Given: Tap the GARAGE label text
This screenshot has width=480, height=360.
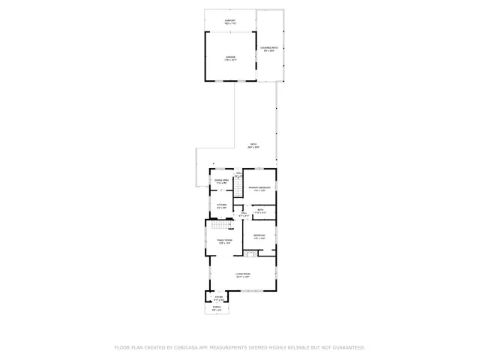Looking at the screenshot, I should [x=229, y=58].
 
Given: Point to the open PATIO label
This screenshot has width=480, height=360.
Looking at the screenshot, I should [x=253, y=145].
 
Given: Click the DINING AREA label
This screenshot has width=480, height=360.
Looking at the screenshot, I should [x=221, y=181].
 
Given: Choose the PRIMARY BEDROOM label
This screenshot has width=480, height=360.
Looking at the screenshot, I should [x=259, y=188].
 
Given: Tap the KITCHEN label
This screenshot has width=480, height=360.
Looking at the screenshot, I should [x=221, y=206].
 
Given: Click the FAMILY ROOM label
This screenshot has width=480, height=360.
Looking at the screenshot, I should [x=224, y=241].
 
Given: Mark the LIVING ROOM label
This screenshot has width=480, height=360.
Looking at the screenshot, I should [x=242, y=275].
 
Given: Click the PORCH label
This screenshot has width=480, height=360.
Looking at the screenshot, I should [x=217, y=307].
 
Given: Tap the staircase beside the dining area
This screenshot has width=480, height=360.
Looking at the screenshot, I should [x=239, y=188].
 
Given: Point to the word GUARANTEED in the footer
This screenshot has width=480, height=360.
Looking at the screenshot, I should [x=344, y=348].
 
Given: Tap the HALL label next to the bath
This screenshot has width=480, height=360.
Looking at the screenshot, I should [x=244, y=214].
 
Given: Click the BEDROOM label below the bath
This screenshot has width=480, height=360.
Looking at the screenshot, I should [x=259, y=237].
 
